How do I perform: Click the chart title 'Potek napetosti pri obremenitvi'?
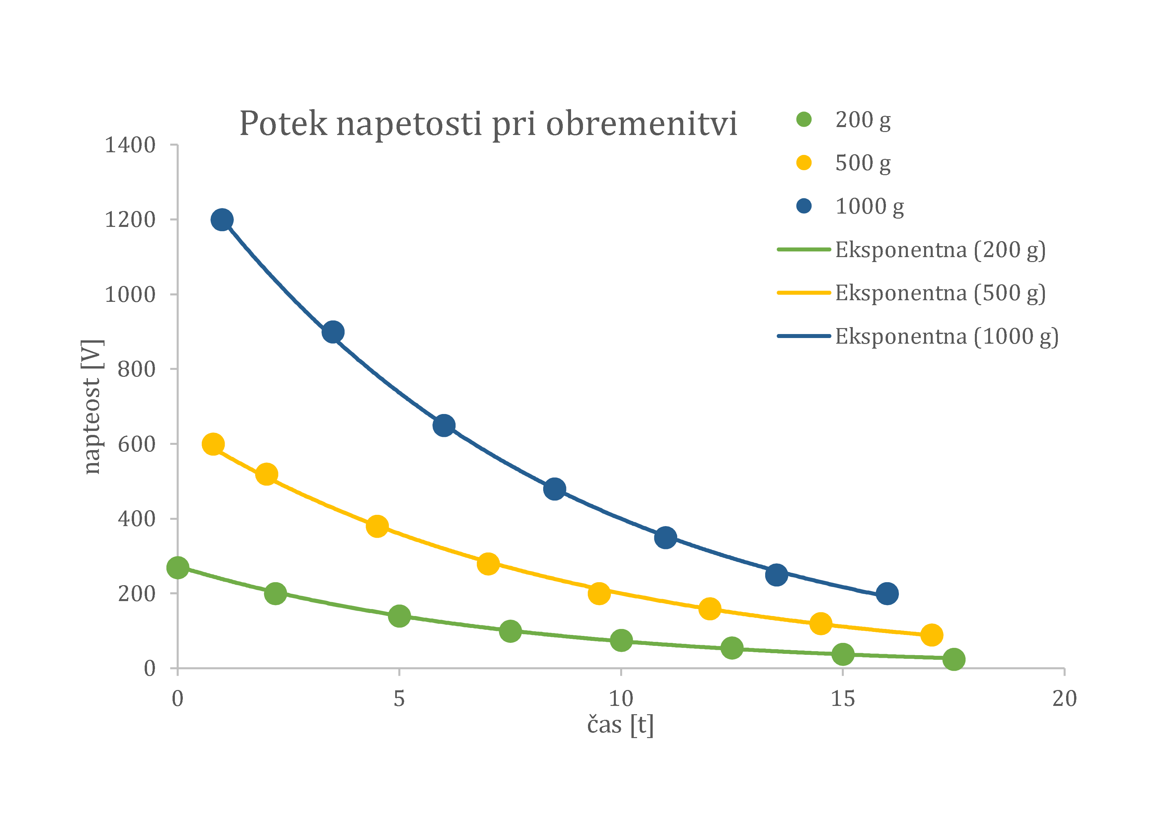pyautogui.click(x=488, y=124)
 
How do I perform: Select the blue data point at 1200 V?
pyautogui.click(x=222, y=220)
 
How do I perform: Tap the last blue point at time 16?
pyautogui.click(x=887, y=593)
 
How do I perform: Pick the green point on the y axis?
pyautogui.click(x=178, y=568)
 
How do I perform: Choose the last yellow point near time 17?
pyautogui.click(x=931, y=635)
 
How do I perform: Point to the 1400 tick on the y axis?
pyautogui.click(x=130, y=145)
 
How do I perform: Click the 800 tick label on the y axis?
pyautogui.click(x=136, y=370)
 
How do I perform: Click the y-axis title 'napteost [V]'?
pyautogui.click(x=92, y=407)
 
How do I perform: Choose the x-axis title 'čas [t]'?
pyautogui.click(x=620, y=725)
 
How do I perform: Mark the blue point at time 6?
pyautogui.click(x=444, y=426)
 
